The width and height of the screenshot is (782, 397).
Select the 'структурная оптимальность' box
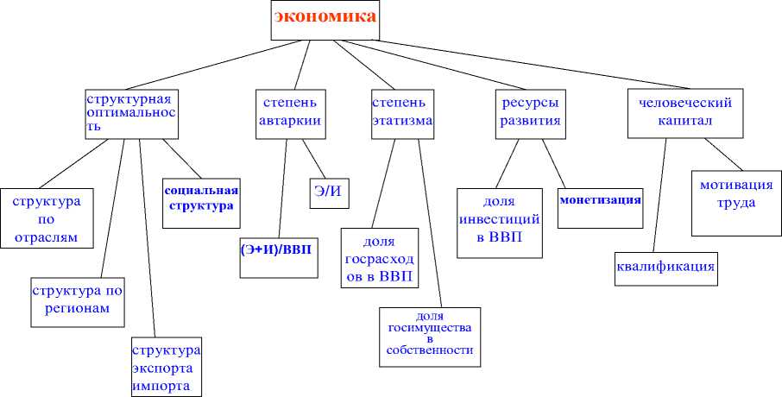[x=131, y=111]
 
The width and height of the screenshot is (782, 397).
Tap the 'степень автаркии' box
[x=290, y=111]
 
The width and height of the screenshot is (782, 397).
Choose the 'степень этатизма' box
[x=401, y=111]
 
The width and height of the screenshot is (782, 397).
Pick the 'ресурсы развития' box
[x=530, y=111]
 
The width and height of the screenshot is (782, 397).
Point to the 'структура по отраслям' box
[x=46, y=217]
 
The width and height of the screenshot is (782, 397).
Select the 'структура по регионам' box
[x=76, y=299]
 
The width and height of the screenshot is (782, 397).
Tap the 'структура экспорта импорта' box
[x=166, y=367]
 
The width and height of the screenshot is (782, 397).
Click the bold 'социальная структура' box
[x=200, y=201]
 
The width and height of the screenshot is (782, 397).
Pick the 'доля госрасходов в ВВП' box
[x=380, y=257]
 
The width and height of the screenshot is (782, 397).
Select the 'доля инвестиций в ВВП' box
[x=499, y=222]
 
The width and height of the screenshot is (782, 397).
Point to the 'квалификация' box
[x=665, y=268]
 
